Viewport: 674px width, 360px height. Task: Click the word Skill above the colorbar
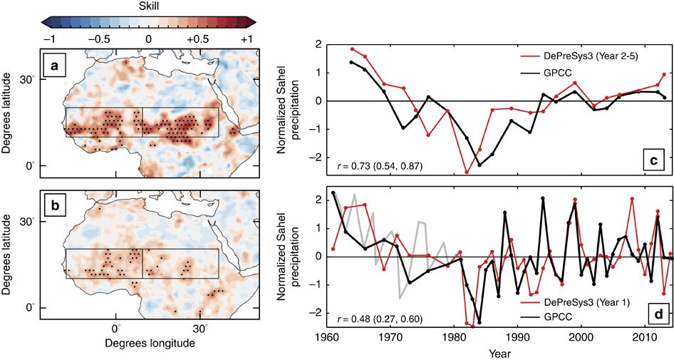coord(147,5)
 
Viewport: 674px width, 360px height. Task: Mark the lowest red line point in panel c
coord(467,173)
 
